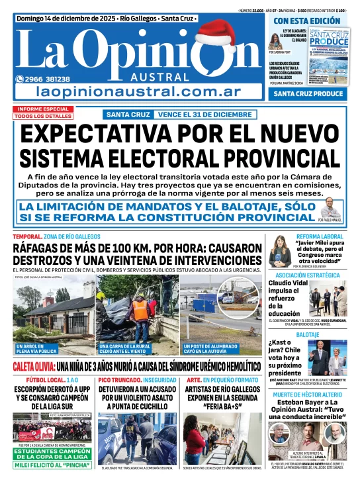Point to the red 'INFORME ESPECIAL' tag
pos(43,109)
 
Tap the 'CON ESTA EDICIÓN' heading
pos(307,21)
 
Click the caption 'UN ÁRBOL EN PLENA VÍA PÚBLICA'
pos(38,349)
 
